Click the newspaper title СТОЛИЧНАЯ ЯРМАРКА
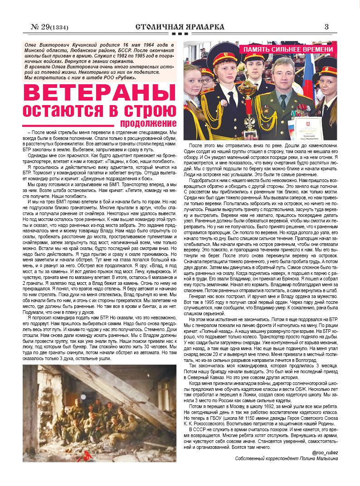pyautogui.click(x=180, y=27)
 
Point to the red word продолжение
pyautogui.click(x=148, y=123)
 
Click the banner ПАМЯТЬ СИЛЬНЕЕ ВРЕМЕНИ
pyautogui.click(x=288, y=49)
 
